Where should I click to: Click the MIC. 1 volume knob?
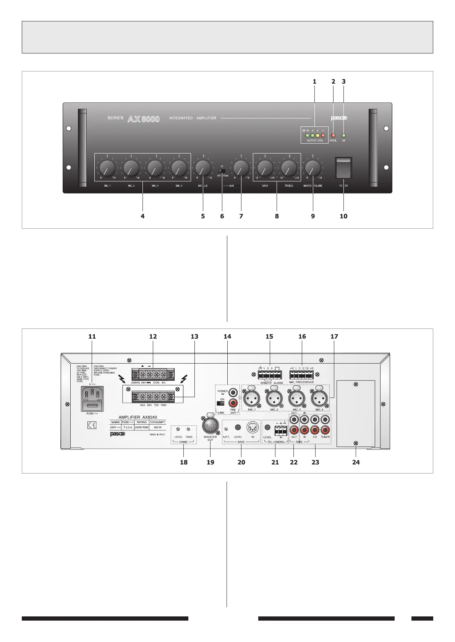[x=107, y=167]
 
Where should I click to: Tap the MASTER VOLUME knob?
[x=313, y=167]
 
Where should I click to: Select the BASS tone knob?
[x=265, y=167]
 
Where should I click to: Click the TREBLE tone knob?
[x=289, y=167]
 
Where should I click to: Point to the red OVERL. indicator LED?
[x=333, y=136]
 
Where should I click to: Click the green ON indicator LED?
[x=343, y=136]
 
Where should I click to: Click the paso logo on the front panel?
[x=339, y=118]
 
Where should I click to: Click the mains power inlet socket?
[x=92, y=394]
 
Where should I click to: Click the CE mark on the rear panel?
[x=92, y=425]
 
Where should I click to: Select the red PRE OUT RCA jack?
[x=232, y=403]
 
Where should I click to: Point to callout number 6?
[x=222, y=216]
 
